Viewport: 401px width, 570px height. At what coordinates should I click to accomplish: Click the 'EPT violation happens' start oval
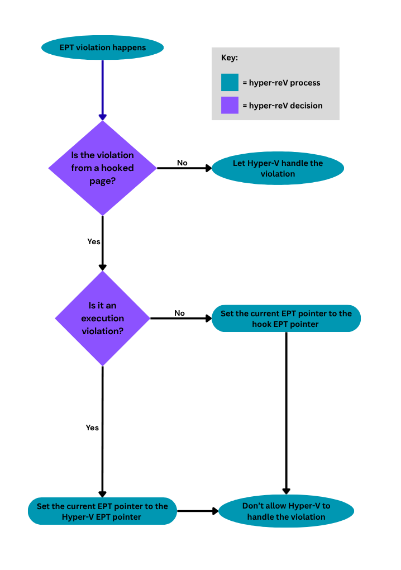coord(102,47)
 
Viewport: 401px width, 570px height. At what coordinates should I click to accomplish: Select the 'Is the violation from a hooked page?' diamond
coord(102,168)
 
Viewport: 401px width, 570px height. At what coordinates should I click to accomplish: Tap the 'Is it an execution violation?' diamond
coord(102,319)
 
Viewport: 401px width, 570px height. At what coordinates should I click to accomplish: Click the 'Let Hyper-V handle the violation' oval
coord(278,168)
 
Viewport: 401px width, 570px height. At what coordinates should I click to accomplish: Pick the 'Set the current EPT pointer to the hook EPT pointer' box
coord(286,319)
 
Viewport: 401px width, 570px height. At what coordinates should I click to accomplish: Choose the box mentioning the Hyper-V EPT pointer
coord(102,511)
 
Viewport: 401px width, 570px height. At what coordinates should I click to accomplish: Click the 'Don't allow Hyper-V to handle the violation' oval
coord(286,511)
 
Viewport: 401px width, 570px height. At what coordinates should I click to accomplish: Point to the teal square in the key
coord(230,83)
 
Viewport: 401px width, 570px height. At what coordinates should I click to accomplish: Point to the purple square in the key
coord(230,105)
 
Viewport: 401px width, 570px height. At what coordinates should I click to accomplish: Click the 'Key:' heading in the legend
coord(230,58)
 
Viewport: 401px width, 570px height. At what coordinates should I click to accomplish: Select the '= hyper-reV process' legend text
coord(281,83)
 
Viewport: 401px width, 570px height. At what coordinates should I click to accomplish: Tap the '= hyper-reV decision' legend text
coord(282,105)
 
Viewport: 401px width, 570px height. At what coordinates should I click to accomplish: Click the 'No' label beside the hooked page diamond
coord(182,163)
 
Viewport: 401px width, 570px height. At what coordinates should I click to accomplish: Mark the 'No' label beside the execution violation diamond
coord(179,313)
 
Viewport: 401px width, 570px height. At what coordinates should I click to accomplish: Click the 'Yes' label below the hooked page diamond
coord(94,241)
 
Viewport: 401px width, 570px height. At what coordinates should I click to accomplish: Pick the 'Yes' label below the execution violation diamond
coord(92,427)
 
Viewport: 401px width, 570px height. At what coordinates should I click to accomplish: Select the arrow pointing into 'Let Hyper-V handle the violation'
coord(184,168)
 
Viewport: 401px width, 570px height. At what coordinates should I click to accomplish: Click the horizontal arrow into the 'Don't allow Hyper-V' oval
coord(197,511)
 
